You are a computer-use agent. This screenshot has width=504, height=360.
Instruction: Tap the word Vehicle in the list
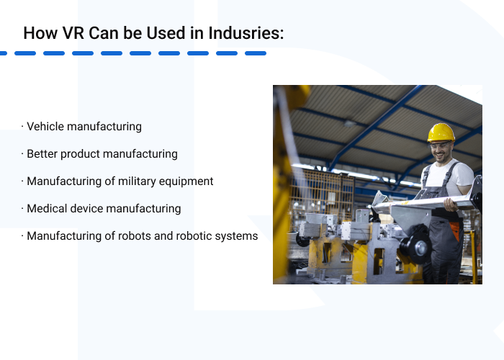pos(45,127)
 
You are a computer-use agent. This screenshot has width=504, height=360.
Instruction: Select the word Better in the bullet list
pos(42,154)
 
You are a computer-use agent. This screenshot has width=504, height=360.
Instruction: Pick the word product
pos(81,154)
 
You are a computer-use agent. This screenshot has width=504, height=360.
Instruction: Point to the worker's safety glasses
pos(439,147)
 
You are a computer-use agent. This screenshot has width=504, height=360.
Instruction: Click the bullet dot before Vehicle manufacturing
pos(22,127)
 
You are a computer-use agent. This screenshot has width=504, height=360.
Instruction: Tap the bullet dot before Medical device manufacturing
pos(22,209)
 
